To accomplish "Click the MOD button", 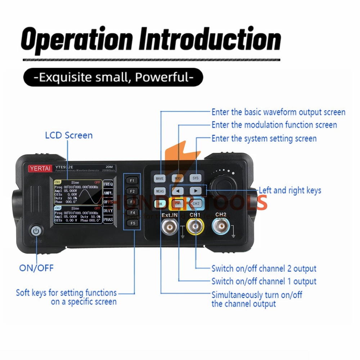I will coord(177,178).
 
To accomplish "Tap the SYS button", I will coord(195,178).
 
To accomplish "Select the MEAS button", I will coord(160,191).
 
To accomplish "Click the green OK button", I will coord(160,204).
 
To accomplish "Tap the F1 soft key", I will coord(132,180).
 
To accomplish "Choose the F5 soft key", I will coord(132,223).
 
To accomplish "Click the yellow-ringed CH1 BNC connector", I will coord(195,228).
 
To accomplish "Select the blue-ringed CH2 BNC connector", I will coord(221,228).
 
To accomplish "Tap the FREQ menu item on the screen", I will coord(108,184).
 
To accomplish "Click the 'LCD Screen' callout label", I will coord(69,135).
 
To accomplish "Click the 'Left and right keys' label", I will coord(290,190).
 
